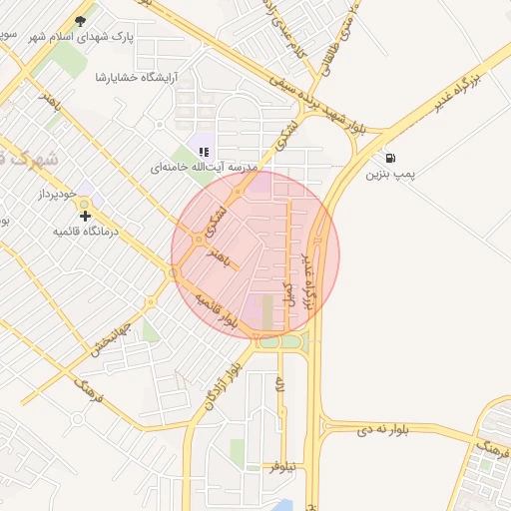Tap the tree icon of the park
81,20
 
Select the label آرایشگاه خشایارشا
135,76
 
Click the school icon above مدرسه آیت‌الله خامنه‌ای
204,152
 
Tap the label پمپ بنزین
388,175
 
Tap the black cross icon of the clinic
86,215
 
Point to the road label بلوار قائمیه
215,311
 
